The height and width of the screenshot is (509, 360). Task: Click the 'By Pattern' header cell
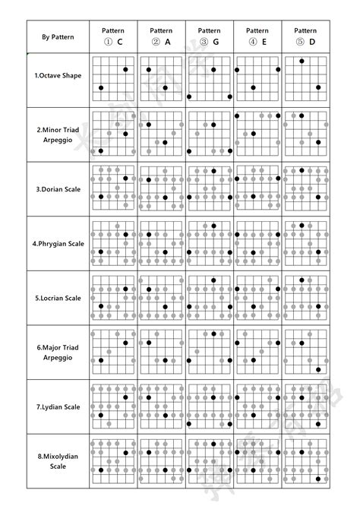[x=58, y=36]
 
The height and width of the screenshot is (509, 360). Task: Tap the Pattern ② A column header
[x=161, y=36]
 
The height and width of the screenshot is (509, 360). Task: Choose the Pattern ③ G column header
[x=209, y=36]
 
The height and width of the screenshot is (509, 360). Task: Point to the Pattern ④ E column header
[x=257, y=36]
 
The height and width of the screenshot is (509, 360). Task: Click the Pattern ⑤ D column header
[x=305, y=36]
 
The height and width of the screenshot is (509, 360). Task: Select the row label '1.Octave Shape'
[x=58, y=76]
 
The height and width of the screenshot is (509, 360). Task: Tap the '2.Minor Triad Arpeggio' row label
[x=58, y=134]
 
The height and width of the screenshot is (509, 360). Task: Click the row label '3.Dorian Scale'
[x=58, y=188]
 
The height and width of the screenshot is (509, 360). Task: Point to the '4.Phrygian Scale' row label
[x=58, y=243]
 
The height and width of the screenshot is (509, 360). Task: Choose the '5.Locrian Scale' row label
[x=58, y=298]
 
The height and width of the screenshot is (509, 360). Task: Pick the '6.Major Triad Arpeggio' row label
[x=58, y=352]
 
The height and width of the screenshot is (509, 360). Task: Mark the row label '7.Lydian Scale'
[x=58, y=406]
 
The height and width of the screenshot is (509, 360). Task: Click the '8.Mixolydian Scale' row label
[x=58, y=461]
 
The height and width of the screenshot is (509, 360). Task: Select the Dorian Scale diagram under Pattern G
[x=209, y=188]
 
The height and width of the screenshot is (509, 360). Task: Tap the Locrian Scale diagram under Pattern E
[x=257, y=298]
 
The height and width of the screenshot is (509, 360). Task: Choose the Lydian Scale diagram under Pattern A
[x=161, y=406]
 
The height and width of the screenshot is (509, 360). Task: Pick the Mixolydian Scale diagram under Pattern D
[x=305, y=461]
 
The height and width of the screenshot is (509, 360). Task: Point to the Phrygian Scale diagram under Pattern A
[x=161, y=243]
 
